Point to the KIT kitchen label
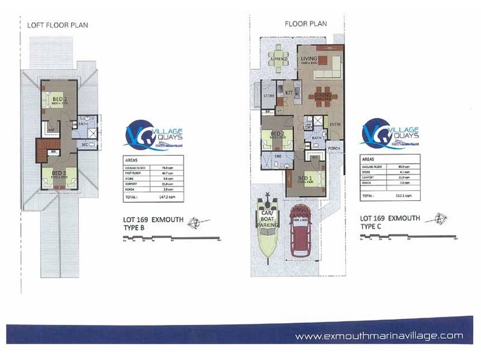coord(289,92)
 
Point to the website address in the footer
coord(379,336)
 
